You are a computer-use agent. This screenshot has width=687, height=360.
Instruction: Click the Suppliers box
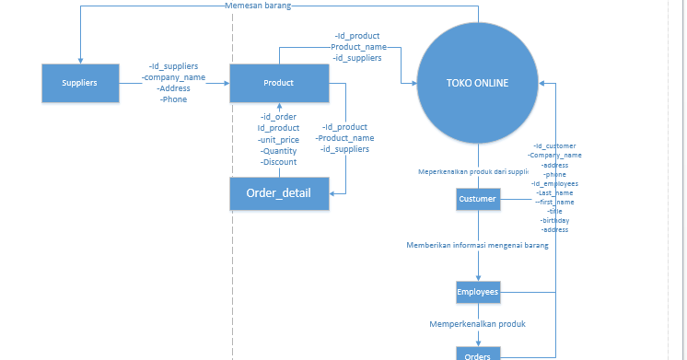pos(79,83)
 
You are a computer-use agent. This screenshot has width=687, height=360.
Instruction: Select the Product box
pos(278,83)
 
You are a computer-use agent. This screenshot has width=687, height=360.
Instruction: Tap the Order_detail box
pos(278,193)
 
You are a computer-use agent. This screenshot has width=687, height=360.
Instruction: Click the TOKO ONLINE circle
pos(477,83)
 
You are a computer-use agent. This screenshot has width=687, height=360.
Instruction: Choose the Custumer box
pos(477,199)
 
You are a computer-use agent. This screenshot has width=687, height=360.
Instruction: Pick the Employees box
pos(477,293)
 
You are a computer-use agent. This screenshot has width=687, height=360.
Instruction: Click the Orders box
pos(477,354)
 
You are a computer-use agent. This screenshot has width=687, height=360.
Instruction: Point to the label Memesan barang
pos(258,6)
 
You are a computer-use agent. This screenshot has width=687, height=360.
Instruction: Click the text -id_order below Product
pos(278,117)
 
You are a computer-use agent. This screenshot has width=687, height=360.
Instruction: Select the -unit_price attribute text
pos(278,139)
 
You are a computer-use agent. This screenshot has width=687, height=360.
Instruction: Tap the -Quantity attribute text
pos(278,151)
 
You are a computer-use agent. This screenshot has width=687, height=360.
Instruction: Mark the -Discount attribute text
pos(278,162)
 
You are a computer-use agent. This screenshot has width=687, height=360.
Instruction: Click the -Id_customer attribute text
pos(554,145)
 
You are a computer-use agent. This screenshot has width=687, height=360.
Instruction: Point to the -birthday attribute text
pos(554,220)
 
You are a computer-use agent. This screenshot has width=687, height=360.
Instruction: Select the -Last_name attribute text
pos(554,192)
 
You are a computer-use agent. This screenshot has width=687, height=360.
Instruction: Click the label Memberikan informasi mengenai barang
pos(477,246)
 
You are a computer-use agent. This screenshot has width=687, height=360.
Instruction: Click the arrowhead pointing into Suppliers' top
pos(81,61)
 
